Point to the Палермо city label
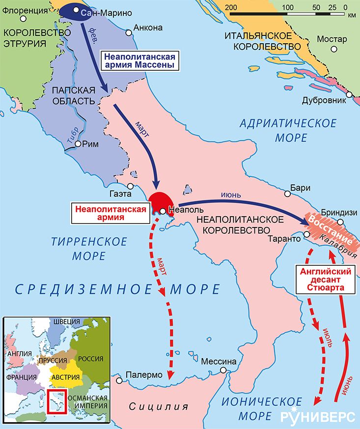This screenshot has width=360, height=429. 144,374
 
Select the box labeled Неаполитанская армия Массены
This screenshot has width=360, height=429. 140,60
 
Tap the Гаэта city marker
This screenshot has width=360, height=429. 130,186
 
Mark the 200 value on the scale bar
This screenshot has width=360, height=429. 231,7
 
